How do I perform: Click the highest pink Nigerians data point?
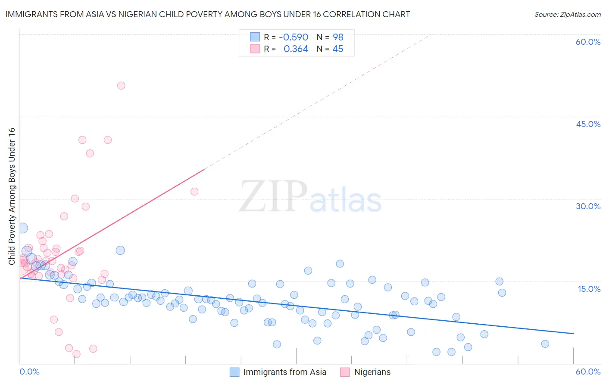(x=121, y=86)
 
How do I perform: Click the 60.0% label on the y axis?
(x=588, y=42)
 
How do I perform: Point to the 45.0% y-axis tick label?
(x=588, y=124)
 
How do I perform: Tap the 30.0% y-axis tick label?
(x=588, y=206)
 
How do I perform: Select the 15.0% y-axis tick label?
(x=589, y=289)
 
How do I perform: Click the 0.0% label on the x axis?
(x=29, y=372)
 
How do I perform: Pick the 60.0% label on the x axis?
(x=588, y=372)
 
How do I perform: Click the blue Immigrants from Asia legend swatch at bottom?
(x=234, y=372)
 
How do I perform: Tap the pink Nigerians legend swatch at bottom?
(x=345, y=372)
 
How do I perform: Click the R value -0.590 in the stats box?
(x=294, y=37)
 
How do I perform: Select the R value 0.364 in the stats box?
(x=296, y=49)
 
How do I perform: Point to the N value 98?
(x=338, y=37)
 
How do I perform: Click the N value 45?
(x=338, y=49)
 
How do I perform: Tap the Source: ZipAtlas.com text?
(x=567, y=14)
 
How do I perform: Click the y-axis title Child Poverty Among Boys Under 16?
(x=12, y=196)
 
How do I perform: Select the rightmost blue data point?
(x=545, y=344)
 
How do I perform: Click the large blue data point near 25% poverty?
(x=22, y=228)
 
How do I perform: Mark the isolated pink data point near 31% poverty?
(x=194, y=192)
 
